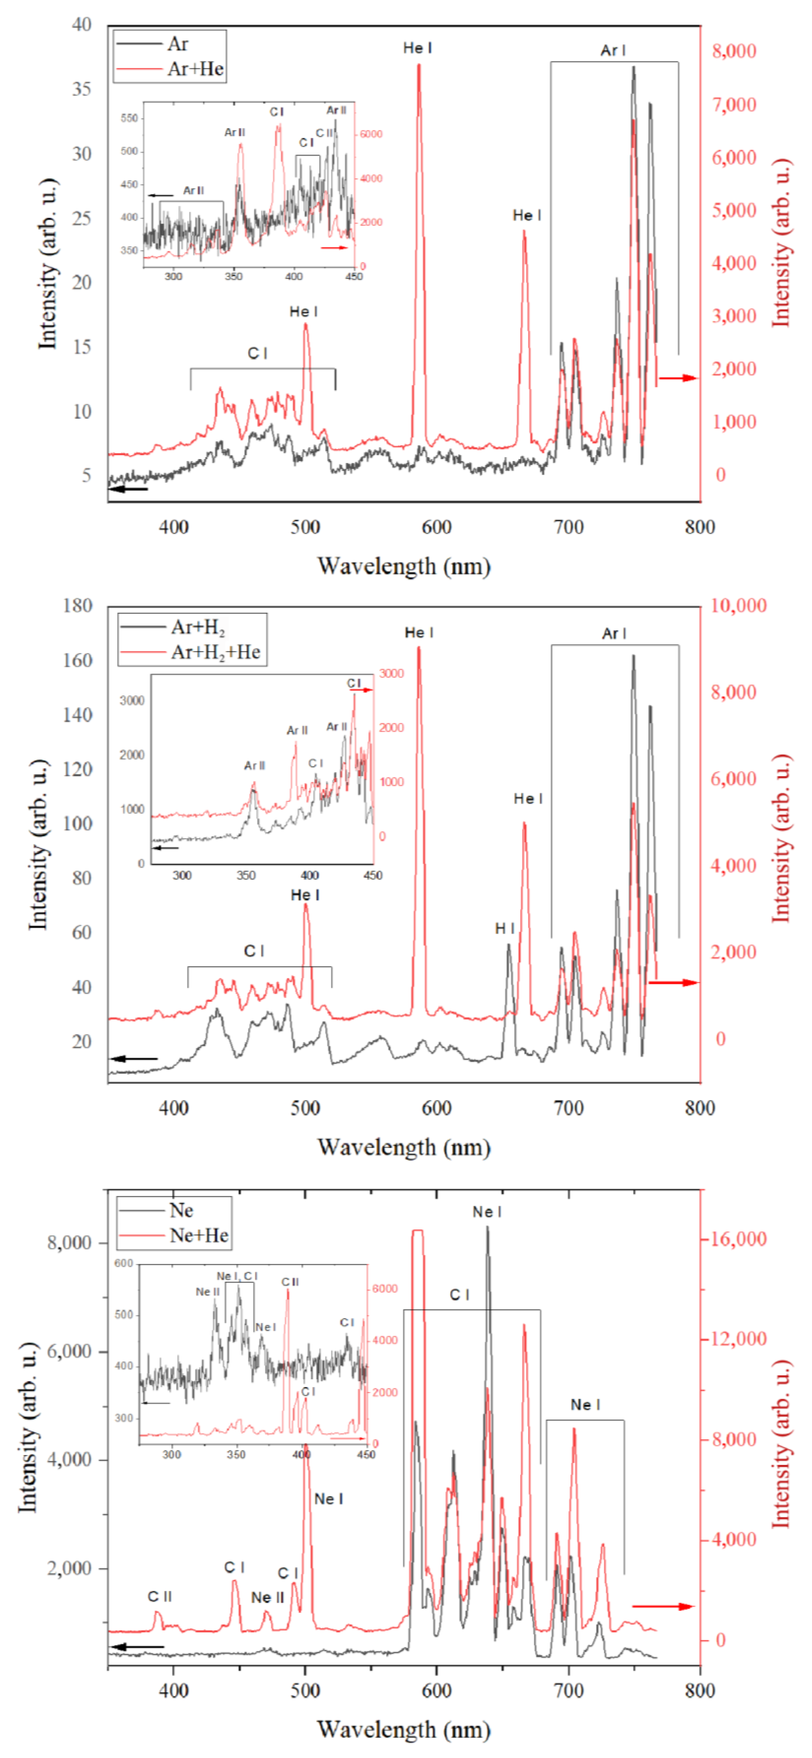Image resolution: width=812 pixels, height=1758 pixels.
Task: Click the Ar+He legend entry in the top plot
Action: click(195, 69)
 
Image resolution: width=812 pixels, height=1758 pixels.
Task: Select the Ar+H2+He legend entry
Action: click(215, 652)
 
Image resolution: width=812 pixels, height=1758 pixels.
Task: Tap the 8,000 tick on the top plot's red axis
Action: click(734, 51)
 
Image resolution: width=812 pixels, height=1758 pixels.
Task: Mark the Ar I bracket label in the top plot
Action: click(613, 51)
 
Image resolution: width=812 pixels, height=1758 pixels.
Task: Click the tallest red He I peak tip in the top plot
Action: click(419, 66)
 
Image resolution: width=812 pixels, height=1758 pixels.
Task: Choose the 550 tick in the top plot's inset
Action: click(129, 118)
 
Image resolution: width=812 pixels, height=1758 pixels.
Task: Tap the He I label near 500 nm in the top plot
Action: click(304, 312)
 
